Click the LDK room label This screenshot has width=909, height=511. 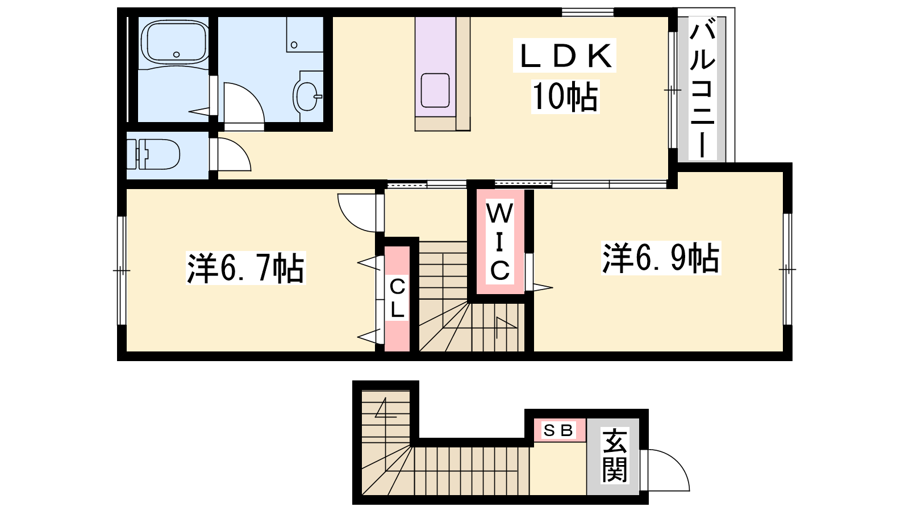click(x=565, y=56)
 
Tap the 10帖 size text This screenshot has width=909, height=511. click(x=565, y=97)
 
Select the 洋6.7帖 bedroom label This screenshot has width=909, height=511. click(x=245, y=268)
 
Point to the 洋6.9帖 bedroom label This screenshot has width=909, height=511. click(x=661, y=258)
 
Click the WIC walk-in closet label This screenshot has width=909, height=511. click(x=500, y=242)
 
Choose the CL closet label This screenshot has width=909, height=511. click(x=397, y=299)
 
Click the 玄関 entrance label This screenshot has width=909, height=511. click(x=614, y=456)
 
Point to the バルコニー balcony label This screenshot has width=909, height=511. click(x=702, y=90)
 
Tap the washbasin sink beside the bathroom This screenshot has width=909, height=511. click(x=307, y=96)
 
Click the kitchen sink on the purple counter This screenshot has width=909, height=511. click(x=435, y=90)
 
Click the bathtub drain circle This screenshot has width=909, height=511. click(x=176, y=55)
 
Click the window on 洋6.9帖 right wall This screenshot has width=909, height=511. click(x=787, y=269)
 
